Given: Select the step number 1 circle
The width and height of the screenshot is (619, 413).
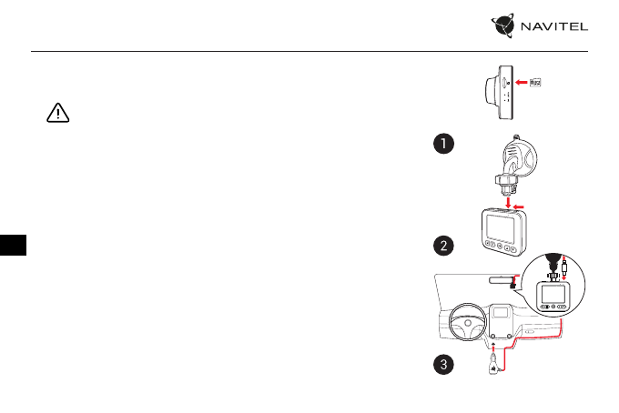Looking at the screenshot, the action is (442, 145).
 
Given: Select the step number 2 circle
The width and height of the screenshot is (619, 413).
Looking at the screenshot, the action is (442, 246).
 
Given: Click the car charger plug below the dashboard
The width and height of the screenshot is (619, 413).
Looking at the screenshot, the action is (492, 367).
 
